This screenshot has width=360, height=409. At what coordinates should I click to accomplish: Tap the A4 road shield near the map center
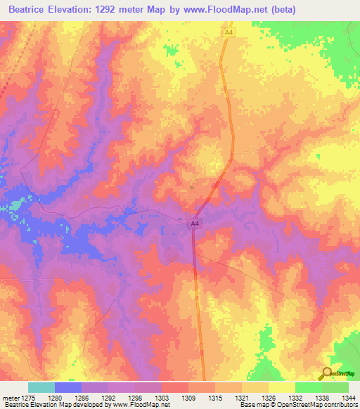[195, 223]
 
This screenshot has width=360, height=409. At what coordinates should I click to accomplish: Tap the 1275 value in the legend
[28, 398]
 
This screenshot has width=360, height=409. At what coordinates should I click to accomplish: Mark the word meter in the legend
[11, 398]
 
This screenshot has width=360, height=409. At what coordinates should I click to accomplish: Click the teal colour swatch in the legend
[41, 387]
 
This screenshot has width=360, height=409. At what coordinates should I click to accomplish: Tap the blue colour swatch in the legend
[67, 387]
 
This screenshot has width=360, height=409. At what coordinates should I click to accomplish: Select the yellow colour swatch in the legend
[281, 387]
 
